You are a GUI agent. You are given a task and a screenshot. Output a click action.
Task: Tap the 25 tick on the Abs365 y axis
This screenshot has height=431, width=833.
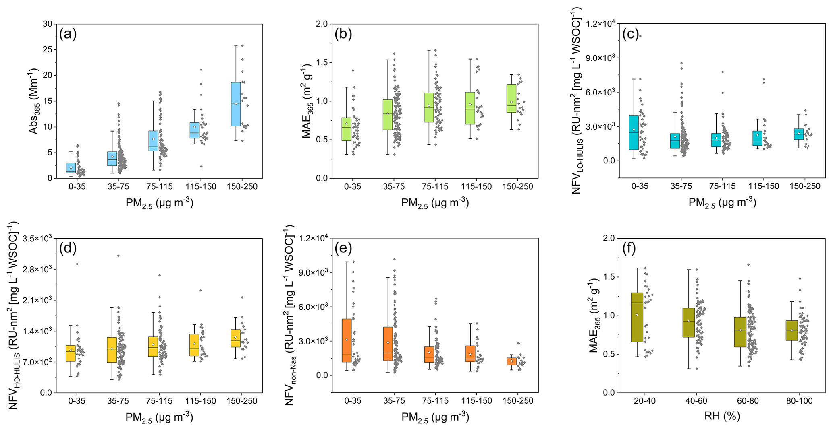coord(47,50)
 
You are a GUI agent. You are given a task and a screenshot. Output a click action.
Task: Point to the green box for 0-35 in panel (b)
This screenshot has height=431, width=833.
coord(346,129)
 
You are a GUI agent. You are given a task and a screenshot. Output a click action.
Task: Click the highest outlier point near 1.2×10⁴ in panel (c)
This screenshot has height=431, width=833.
coord(640,36)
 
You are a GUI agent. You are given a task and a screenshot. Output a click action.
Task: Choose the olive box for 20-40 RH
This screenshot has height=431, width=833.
coord(637,317)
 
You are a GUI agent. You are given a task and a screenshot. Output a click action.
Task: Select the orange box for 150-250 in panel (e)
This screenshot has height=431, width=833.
coord(511,361)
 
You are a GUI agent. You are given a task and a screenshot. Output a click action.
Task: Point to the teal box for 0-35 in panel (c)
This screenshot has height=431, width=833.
coord(634,132)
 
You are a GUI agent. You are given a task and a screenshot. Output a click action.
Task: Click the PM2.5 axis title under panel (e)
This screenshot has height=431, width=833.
coord(435,417)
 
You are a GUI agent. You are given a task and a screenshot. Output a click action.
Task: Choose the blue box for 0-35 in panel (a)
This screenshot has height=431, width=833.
coord(71,168)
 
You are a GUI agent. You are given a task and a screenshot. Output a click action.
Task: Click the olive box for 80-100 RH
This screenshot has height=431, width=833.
coord(792,330)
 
